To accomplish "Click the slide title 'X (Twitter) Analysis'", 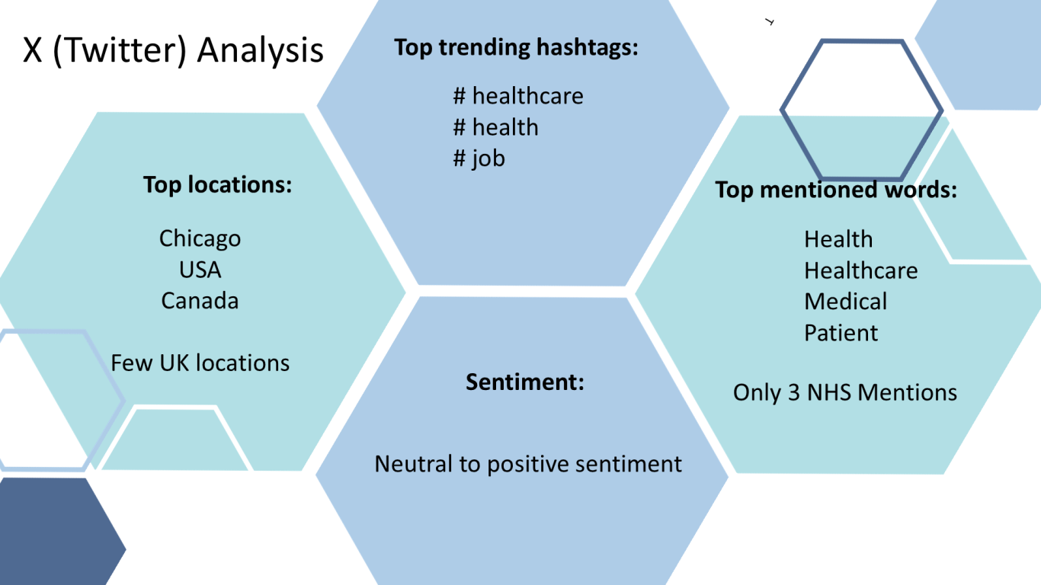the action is (x=173, y=50).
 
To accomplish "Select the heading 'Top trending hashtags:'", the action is (x=517, y=47).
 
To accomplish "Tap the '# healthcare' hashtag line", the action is (x=518, y=96).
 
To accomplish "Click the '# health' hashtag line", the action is (x=496, y=127).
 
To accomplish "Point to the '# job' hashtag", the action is (x=479, y=158).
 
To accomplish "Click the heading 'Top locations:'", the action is (x=217, y=185).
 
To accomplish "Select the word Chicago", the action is (x=200, y=239).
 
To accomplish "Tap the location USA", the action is (x=200, y=270).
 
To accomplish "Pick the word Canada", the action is (x=200, y=301).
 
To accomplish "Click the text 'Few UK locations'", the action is (x=200, y=363).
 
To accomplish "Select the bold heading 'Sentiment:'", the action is (x=524, y=382).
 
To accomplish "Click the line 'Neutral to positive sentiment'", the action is (x=528, y=464).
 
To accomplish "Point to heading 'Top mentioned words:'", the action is (x=836, y=190).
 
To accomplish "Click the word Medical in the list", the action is (x=845, y=302).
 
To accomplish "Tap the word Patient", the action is (x=841, y=333).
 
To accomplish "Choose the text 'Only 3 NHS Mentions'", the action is (x=845, y=392).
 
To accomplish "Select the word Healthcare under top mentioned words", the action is (x=861, y=270).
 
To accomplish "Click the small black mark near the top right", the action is (x=770, y=21).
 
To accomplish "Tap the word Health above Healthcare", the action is (x=838, y=239).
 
